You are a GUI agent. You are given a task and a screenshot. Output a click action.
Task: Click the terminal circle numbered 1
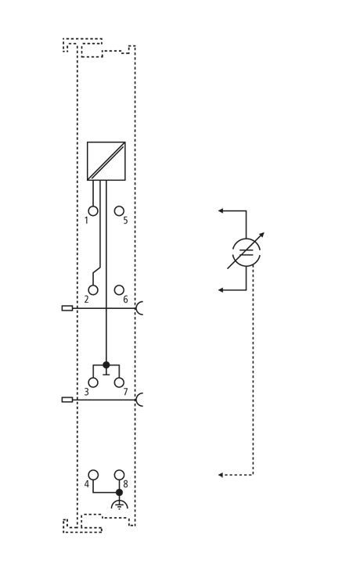pyautogui.click(x=93, y=211)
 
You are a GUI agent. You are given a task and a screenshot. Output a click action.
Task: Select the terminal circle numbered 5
pyautogui.click(x=119, y=211)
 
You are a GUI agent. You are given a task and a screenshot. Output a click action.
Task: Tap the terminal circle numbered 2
pyautogui.click(x=93, y=290)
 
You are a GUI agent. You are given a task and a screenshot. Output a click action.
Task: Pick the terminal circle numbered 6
pyautogui.click(x=119, y=290)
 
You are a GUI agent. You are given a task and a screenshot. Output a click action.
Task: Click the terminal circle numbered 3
pyautogui.click(x=93, y=382)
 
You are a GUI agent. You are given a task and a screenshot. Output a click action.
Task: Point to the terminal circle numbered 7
pyautogui.click(x=119, y=382)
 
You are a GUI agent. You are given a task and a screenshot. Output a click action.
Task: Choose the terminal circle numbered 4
pyautogui.click(x=93, y=475)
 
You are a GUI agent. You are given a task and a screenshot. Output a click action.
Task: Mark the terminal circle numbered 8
pyautogui.click(x=119, y=475)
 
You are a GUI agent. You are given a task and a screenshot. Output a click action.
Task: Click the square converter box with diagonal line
pyautogui.click(x=106, y=161)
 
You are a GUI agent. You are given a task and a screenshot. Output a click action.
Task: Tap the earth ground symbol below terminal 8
pyautogui.click(x=120, y=505)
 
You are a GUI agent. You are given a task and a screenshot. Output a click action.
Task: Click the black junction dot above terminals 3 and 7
pyautogui.click(x=106, y=365)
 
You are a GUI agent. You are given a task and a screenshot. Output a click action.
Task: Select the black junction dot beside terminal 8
pyautogui.click(x=119, y=492)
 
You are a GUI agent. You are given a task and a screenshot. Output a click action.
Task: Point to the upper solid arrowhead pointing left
pyautogui.click(x=221, y=210)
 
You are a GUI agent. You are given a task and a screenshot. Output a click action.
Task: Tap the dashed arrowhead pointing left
pyautogui.click(x=221, y=475)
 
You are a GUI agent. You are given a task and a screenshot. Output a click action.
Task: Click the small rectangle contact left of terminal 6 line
pyautogui.click(x=67, y=308)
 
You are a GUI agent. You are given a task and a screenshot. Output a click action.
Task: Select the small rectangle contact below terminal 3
pyautogui.click(x=67, y=400)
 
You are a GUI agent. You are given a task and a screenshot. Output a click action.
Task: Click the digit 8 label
pyautogui.click(x=126, y=484)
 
